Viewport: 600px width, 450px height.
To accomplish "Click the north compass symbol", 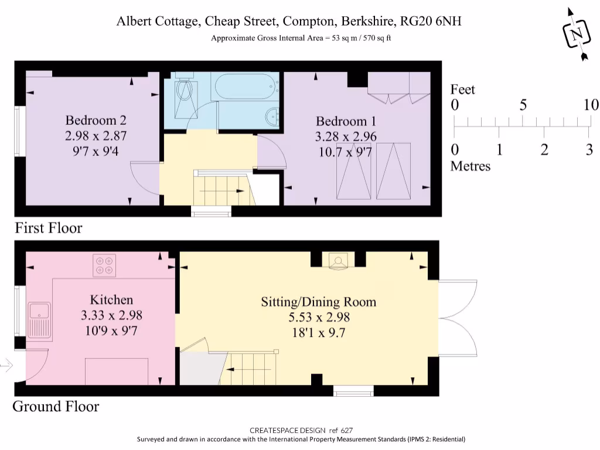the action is (577, 35).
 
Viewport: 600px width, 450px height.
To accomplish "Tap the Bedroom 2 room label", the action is (96, 120).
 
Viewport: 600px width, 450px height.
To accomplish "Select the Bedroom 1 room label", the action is (346, 121).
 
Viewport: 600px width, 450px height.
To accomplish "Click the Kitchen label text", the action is (111, 299).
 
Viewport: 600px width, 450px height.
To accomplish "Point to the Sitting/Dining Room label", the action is (319, 302).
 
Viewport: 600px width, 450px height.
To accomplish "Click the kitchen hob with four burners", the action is (104, 265).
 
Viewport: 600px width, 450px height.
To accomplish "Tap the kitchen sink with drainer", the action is (40, 321).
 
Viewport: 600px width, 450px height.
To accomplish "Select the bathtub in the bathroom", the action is (245, 86).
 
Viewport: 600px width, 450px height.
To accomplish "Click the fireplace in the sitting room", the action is (338, 261).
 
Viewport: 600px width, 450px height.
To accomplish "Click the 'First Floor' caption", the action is (49, 228).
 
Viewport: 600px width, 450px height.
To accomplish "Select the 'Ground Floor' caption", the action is (56, 407).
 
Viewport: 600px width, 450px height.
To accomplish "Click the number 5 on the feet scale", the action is (523, 105).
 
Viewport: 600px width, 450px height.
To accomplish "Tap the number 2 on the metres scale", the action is (544, 149).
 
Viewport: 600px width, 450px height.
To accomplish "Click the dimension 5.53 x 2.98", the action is (319, 317).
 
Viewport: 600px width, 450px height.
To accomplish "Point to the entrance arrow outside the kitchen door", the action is (6, 366).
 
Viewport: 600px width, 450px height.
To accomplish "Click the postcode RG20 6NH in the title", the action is (431, 21).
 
